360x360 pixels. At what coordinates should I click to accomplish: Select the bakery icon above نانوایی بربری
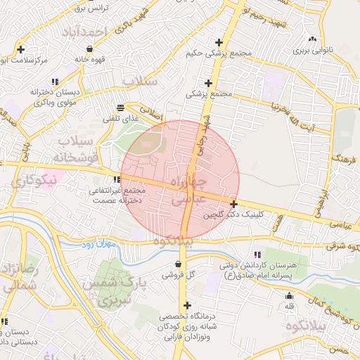(311, 39)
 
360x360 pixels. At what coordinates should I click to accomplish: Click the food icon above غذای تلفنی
(121, 108)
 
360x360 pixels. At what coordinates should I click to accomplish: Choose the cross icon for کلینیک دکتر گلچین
(233, 203)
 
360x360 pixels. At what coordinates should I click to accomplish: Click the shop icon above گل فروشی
(176, 264)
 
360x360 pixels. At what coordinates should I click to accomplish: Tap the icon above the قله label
(290, 295)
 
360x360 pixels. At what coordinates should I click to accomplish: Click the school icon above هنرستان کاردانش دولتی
(258, 253)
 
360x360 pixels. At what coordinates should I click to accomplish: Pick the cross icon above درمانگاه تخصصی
(186, 306)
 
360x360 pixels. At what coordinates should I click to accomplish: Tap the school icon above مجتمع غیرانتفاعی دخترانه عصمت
(117, 179)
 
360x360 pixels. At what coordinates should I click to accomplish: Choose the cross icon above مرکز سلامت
(21, 49)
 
